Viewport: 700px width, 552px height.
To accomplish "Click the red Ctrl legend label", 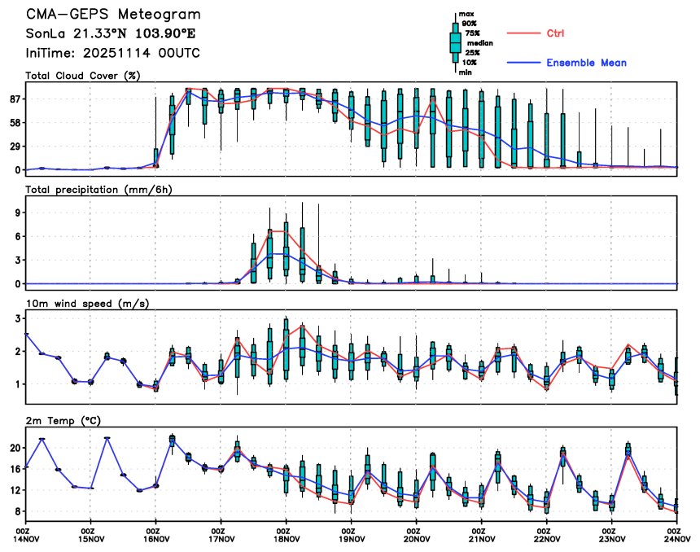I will [x=552, y=33].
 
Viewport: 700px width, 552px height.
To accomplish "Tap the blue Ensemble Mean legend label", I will [x=586, y=63].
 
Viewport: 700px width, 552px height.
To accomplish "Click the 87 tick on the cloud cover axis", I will [x=14, y=99].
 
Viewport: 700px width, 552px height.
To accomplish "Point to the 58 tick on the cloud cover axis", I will [x=14, y=122].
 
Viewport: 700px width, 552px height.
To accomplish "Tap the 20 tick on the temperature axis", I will [x=14, y=448].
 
